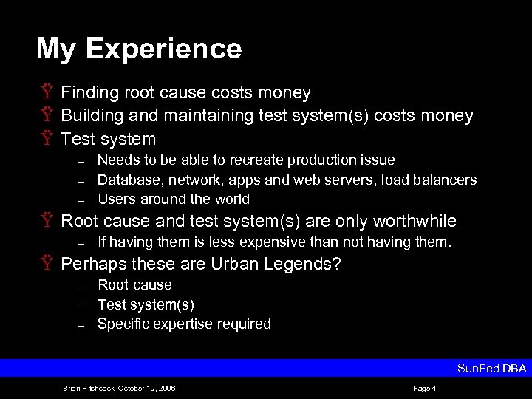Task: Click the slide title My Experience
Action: point(139,49)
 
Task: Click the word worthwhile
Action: point(415,221)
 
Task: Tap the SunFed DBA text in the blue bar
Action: point(491,368)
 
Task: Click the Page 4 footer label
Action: point(425,389)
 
